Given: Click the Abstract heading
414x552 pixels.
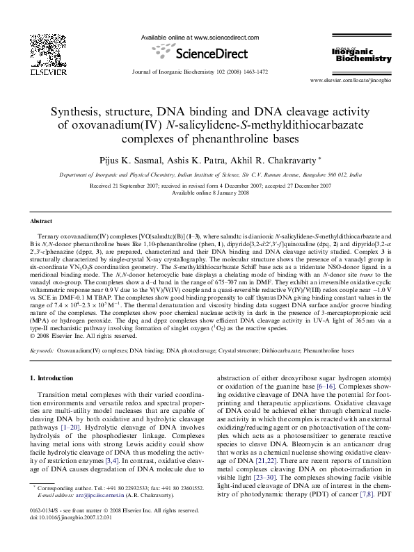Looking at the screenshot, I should pos(40,220).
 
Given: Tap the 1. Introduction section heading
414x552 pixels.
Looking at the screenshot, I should pos(54,379).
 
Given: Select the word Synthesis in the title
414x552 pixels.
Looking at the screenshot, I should pos(81,111).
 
